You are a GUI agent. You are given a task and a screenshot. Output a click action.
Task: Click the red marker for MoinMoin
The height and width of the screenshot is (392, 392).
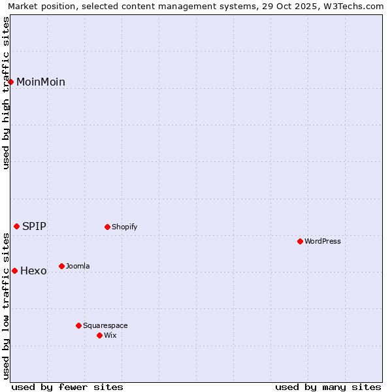coord(11,82)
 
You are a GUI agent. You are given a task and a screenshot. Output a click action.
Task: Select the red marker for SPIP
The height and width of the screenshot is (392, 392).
coord(17,227)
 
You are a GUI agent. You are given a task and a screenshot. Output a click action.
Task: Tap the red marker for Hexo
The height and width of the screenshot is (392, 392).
coord(14,270)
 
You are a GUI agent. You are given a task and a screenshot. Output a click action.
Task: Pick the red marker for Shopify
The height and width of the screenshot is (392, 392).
coord(107,227)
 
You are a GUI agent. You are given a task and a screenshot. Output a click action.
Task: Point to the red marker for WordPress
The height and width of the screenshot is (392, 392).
coord(300,242)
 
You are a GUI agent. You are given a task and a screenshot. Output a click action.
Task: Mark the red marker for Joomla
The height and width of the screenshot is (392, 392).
coord(61,266)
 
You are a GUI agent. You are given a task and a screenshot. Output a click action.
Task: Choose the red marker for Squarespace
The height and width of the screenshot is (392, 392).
coord(78,325)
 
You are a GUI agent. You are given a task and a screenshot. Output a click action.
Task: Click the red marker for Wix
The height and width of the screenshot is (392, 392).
coord(99,335)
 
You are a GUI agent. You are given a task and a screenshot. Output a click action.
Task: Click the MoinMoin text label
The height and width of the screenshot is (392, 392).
coord(41,82)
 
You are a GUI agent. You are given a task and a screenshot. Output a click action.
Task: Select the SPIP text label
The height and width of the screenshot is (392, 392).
coord(34,227)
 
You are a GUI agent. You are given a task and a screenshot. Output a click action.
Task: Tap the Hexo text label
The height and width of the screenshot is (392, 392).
coord(33,271)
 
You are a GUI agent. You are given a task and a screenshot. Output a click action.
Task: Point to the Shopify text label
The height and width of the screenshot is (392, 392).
coord(124,227)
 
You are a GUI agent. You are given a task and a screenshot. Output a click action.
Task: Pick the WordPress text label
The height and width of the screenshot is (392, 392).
coord(323,242)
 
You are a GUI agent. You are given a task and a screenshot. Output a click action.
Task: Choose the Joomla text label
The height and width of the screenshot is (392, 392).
coord(78,267)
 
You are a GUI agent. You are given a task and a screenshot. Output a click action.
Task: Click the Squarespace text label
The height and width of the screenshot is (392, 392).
coord(105,326)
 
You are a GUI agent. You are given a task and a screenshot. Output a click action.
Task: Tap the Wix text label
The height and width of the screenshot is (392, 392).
coord(110,336)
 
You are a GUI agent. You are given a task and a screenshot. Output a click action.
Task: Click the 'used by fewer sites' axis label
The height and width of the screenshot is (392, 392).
coord(67,387)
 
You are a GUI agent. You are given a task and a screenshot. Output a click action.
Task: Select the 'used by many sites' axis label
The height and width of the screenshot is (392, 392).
coord(328,387)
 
